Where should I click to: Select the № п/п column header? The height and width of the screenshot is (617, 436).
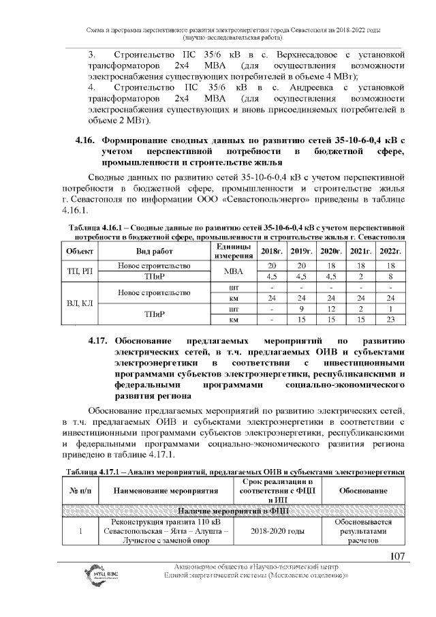click(x=80, y=491)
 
